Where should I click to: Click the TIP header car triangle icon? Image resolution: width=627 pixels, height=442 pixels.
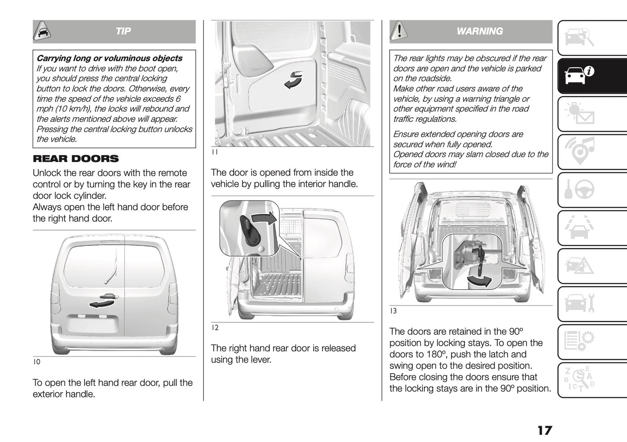point(42,31)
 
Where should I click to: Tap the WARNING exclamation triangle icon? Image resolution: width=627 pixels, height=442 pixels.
point(399,31)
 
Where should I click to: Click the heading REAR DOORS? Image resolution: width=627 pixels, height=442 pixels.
point(76,159)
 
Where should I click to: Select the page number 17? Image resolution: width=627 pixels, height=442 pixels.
point(545,430)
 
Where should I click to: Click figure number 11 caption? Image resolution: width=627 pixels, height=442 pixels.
point(214,152)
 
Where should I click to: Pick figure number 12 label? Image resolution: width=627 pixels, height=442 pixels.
point(215,328)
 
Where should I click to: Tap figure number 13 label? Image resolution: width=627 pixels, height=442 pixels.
point(393,311)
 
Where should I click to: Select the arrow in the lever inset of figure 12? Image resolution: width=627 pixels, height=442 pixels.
point(264,218)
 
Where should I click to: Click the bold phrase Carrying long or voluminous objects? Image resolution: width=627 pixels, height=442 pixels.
point(109,58)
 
